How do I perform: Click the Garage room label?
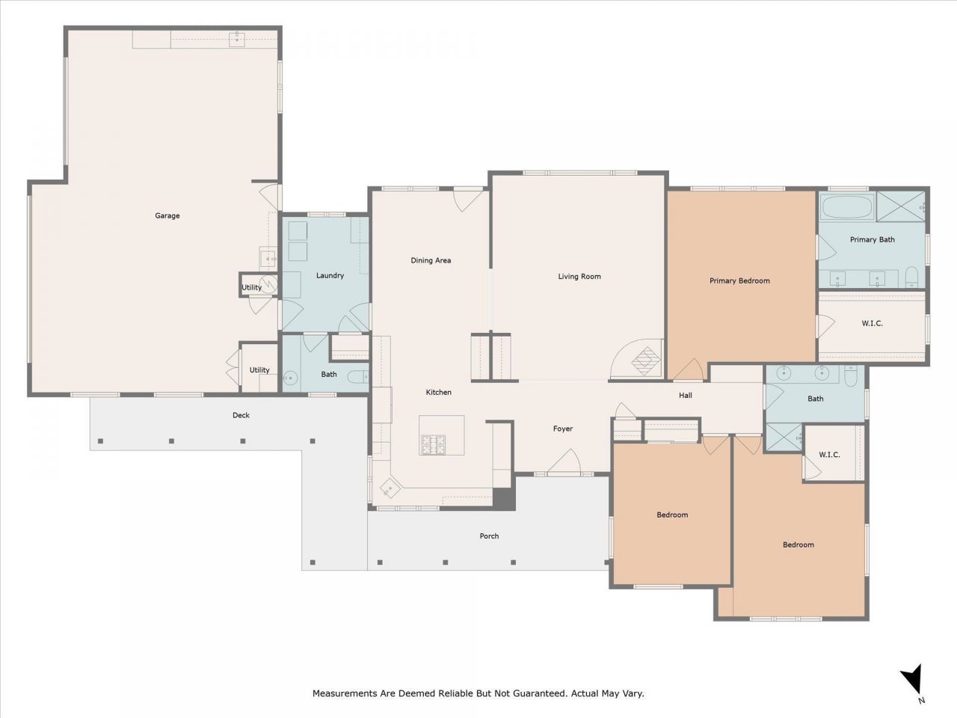[x=167, y=216]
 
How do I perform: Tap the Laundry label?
[x=330, y=276]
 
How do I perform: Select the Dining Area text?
[x=431, y=261]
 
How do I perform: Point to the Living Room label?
[x=579, y=277]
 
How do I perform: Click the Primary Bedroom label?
[x=739, y=281]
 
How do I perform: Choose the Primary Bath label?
[x=872, y=240]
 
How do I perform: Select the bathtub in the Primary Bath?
[x=847, y=206]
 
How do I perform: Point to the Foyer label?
[x=563, y=429]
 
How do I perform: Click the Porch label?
[x=489, y=536]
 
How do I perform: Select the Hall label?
[x=686, y=396]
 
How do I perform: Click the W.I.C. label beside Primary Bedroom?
[x=872, y=324]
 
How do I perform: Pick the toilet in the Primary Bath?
[x=911, y=278]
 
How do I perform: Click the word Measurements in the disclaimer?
[x=344, y=694]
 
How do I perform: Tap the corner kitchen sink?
[x=390, y=488]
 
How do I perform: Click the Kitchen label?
[x=439, y=393]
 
